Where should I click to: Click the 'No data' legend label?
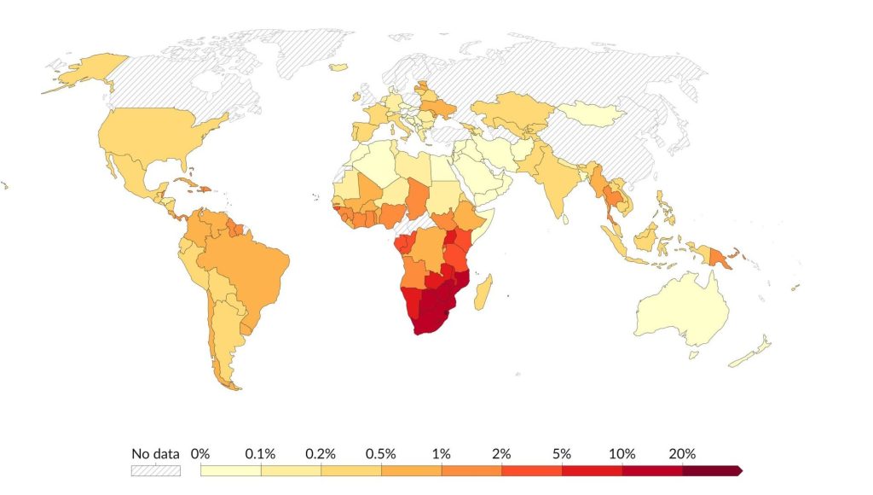(155, 453)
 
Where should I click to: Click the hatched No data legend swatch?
(155, 470)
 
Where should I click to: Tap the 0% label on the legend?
(200, 453)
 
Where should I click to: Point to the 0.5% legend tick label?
(381, 453)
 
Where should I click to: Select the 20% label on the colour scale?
(682, 453)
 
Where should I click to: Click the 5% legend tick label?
(562, 453)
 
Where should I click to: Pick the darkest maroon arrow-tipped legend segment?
(712, 470)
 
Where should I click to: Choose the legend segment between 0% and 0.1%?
(230, 470)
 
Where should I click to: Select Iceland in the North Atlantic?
(338, 67)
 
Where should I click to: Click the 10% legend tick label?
(622, 453)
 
